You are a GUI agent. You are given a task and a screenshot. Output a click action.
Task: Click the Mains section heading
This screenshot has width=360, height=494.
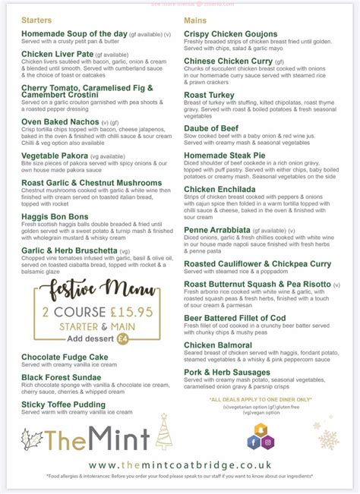(x=197, y=19)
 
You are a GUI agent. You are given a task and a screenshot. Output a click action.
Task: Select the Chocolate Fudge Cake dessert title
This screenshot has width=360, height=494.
(x=65, y=357)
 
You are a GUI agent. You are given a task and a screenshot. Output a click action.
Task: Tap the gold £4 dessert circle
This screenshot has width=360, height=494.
(x=122, y=338)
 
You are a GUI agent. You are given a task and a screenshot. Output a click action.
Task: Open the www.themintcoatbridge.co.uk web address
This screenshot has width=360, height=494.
(x=180, y=464)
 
